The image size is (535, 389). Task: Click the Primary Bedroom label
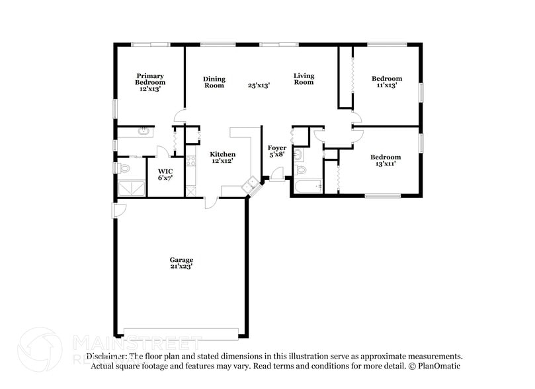[150, 82]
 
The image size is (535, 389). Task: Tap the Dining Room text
[214, 82]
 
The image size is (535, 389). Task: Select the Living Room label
[304, 79]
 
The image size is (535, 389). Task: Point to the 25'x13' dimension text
[259, 85]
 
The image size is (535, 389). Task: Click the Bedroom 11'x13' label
[386, 82]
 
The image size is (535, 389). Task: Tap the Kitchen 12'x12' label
[223, 157]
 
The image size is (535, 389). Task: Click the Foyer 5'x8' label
[276, 151]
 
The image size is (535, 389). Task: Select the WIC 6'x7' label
[165, 175]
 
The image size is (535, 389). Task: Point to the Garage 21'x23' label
[181, 263]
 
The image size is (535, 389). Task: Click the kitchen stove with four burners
[191, 160]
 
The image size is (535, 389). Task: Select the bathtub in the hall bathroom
[308, 187]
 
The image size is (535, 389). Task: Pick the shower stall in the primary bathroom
[131, 189]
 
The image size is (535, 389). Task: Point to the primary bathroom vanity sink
[142, 132]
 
